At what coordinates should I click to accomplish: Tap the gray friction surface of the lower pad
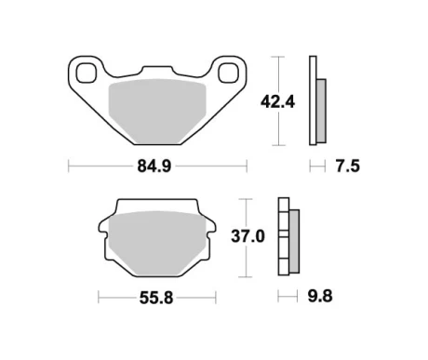(152, 241)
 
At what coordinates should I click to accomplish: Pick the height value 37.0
(247, 237)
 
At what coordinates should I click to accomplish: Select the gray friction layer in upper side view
(322, 105)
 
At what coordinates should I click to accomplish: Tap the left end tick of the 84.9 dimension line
(69, 167)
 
